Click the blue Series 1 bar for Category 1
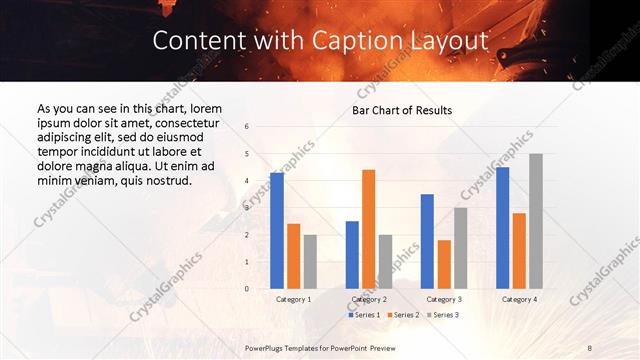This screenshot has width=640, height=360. [277, 230]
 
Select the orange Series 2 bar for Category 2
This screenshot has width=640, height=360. [368, 229]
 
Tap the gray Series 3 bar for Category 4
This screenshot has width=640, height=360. [536, 221]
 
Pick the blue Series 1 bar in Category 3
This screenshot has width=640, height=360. [427, 241]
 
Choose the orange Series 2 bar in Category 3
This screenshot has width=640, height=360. [444, 264]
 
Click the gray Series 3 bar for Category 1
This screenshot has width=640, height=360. [310, 261]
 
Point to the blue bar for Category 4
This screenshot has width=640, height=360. [502, 227]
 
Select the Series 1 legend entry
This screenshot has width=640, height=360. [365, 315]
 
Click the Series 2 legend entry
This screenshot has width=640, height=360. [403, 315]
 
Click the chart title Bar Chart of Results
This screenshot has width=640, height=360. [403, 110]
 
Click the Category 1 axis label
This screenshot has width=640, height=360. [293, 299]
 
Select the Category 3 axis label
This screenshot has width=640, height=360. [443, 299]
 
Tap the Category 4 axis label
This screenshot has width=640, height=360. [519, 299]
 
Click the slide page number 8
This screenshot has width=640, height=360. [589, 347]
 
